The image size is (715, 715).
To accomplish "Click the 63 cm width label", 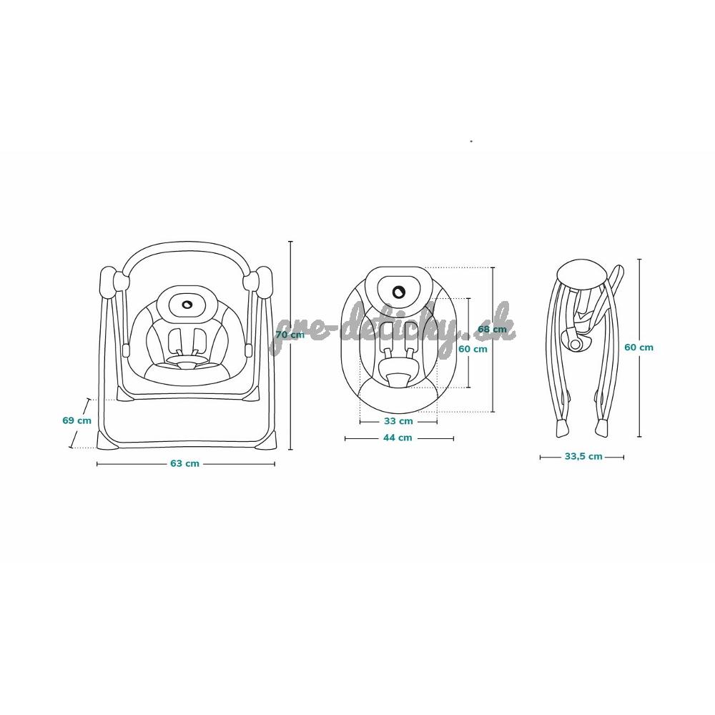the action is pyautogui.click(x=184, y=463).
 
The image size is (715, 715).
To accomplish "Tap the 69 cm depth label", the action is pyautogui.click(x=77, y=420).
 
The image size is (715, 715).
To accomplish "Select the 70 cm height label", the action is pyautogui.click(x=290, y=335).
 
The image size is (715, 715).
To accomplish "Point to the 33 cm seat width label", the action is pyautogui.click(x=398, y=421).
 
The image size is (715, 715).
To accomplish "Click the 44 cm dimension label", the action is pyautogui.click(x=398, y=438).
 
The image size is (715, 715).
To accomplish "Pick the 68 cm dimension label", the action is pyautogui.click(x=492, y=329).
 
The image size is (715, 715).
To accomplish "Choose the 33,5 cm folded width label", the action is pyautogui.click(x=583, y=456).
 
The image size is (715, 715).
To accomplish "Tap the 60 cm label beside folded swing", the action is pyautogui.click(x=638, y=347).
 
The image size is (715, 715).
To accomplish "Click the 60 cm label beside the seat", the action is pyautogui.click(x=473, y=350).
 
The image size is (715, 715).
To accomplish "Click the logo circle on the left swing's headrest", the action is pyautogui.click(x=187, y=304).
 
